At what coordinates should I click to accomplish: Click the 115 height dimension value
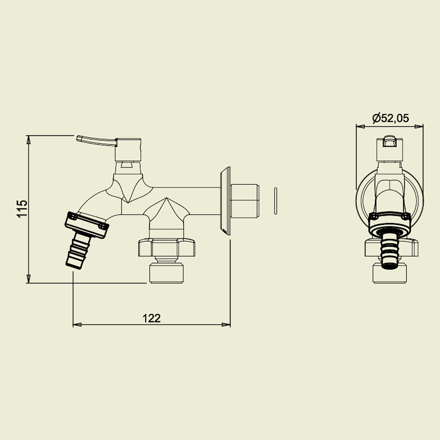22,209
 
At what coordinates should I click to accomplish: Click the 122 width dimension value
151,318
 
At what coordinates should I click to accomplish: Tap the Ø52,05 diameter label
390,118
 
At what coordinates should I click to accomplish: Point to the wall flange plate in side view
225,201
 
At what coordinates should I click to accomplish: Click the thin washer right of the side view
276,201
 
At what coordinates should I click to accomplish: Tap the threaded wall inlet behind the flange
245,201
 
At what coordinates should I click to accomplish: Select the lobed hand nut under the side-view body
167,247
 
